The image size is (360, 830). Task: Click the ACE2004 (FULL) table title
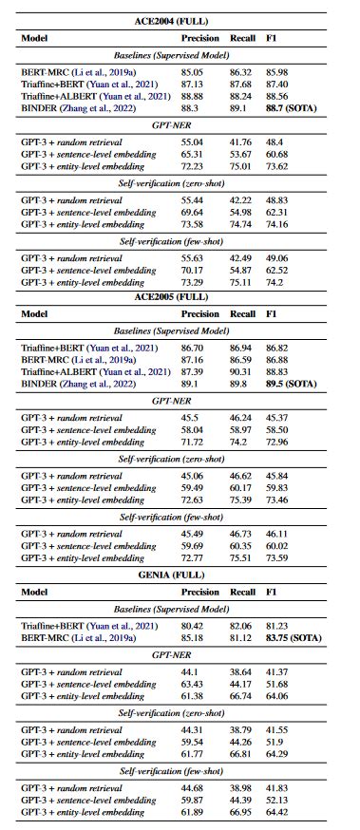(180, 21)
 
